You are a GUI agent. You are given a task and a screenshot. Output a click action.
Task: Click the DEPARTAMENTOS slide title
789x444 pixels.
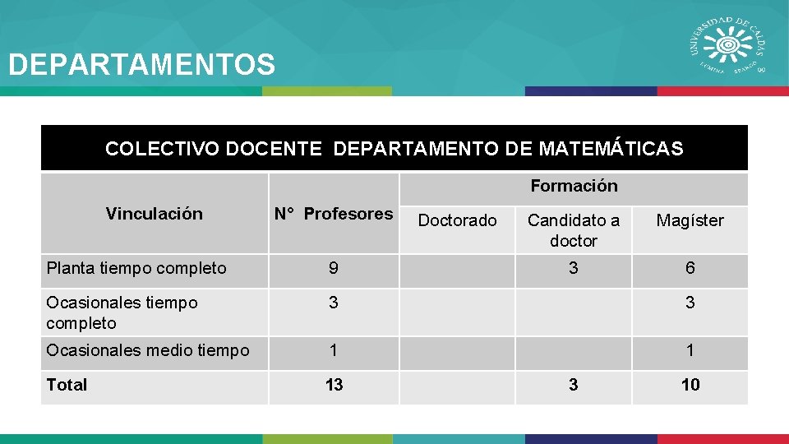point(141,64)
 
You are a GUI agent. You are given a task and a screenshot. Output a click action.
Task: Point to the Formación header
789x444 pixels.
point(574,186)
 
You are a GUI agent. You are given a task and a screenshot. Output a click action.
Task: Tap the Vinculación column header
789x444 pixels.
point(154,214)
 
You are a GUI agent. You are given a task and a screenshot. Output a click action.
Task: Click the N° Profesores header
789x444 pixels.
point(334,214)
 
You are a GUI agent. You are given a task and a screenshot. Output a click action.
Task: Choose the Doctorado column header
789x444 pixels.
point(457,220)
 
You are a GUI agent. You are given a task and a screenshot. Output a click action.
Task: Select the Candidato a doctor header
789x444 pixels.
point(574,230)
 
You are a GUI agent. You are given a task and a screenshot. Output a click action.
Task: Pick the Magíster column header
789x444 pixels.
point(690,220)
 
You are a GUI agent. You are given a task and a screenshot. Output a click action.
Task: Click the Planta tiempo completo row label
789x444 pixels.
point(136,268)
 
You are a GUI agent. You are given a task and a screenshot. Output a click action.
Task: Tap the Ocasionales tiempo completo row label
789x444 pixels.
point(122,312)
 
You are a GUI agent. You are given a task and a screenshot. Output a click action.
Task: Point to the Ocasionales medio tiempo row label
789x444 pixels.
point(148,350)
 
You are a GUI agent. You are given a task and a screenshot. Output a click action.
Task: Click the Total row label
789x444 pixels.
point(67,384)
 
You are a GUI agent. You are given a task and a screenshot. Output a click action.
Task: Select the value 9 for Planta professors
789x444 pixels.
point(333,268)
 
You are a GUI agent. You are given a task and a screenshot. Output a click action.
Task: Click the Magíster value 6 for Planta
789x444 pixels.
point(690,268)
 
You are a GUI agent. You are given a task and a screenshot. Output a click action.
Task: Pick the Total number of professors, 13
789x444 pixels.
point(334,384)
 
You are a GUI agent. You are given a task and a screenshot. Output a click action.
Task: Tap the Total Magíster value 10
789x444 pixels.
point(690,384)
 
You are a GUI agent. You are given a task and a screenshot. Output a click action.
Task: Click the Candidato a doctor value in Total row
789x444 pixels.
point(574,384)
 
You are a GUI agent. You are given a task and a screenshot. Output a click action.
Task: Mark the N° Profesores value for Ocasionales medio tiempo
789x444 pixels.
point(333,350)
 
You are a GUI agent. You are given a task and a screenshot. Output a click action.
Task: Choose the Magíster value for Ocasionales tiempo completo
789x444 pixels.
point(690,303)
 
